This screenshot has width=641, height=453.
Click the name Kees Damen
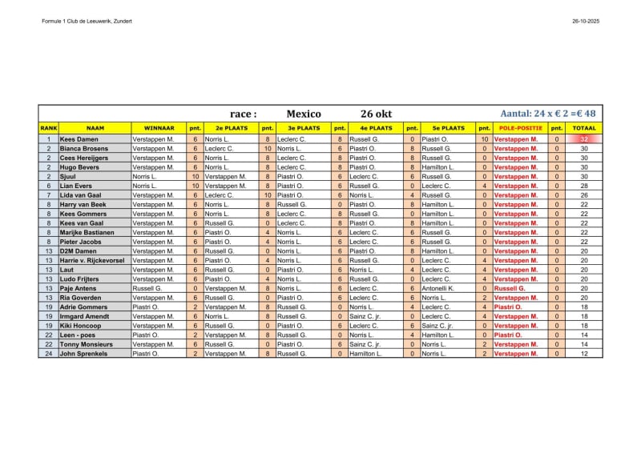[x=79, y=139]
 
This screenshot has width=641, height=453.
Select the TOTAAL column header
[x=584, y=128]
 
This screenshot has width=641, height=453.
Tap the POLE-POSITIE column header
[x=520, y=128]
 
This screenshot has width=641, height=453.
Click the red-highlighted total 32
[x=584, y=139]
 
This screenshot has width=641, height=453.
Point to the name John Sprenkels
[x=84, y=353]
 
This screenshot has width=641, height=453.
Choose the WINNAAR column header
[x=159, y=128]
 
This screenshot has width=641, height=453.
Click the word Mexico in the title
[x=304, y=114]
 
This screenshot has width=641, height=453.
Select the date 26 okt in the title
[x=377, y=114]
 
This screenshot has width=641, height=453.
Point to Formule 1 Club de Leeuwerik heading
[x=87, y=21]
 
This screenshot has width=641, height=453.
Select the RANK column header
[x=48, y=128]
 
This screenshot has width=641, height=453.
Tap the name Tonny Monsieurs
[x=87, y=344]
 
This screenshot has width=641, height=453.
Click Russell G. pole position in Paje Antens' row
[x=510, y=288]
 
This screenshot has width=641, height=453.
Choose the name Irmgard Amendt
[x=84, y=316]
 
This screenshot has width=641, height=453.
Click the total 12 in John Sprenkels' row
[x=584, y=353]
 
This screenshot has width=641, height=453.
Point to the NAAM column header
[x=95, y=128]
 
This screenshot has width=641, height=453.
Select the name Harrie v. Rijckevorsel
[x=93, y=260]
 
